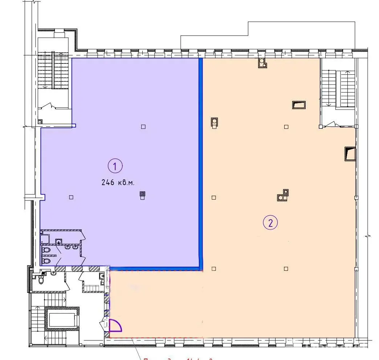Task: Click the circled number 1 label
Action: click(x=115, y=167)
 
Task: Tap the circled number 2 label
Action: click(x=270, y=222)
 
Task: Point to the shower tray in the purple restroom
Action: click(x=45, y=238)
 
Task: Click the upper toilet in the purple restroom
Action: click(x=46, y=250)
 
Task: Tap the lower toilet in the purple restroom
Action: click(x=46, y=261)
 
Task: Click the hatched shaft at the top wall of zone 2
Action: click(x=262, y=64)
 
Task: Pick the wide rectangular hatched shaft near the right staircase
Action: click(x=299, y=105)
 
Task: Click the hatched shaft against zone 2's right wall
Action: click(x=350, y=154)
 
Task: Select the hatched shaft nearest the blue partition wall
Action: click(x=214, y=123)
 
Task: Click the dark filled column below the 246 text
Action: click(x=143, y=195)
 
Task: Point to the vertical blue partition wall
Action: click(x=200, y=160)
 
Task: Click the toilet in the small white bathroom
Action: click(x=41, y=280)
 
